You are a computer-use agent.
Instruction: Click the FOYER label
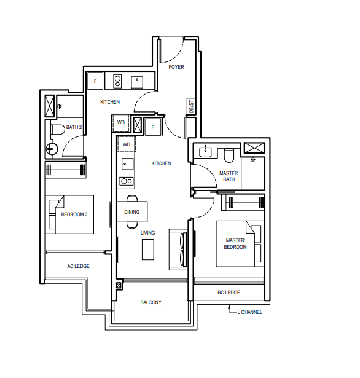[x=176, y=67]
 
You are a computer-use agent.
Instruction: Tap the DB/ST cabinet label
[x=191, y=106]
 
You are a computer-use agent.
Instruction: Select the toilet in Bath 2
[x=58, y=130]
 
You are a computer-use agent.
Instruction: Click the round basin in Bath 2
[x=52, y=149]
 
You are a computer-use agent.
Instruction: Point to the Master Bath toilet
[x=229, y=156]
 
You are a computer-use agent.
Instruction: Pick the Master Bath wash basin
[x=206, y=152]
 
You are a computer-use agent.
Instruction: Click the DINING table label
[x=132, y=212]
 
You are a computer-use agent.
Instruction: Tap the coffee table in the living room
[x=147, y=250]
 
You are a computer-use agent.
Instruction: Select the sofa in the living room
[x=178, y=250]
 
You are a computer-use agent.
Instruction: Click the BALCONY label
[x=151, y=302]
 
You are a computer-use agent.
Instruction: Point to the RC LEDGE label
[x=229, y=293]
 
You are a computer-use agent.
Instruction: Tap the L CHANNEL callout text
[x=249, y=312]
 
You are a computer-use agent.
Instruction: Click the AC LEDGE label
[x=78, y=266]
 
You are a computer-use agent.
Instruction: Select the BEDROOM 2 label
[x=74, y=215]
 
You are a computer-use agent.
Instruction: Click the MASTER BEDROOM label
[x=235, y=244]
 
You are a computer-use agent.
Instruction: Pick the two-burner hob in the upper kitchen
[x=117, y=81]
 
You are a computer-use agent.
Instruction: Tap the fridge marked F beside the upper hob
[x=95, y=81]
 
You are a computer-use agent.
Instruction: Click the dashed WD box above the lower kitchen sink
[x=127, y=144]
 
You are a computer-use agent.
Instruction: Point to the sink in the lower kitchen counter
[x=127, y=164]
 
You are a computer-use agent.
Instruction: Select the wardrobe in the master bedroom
[x=243, y=202]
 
